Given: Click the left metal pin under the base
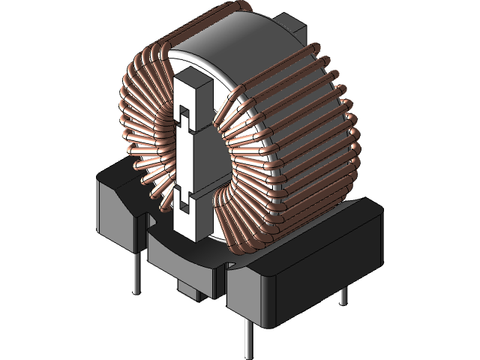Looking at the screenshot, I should click(x=136, y=273).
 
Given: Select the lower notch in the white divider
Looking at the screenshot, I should click(x=183, y=199).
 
